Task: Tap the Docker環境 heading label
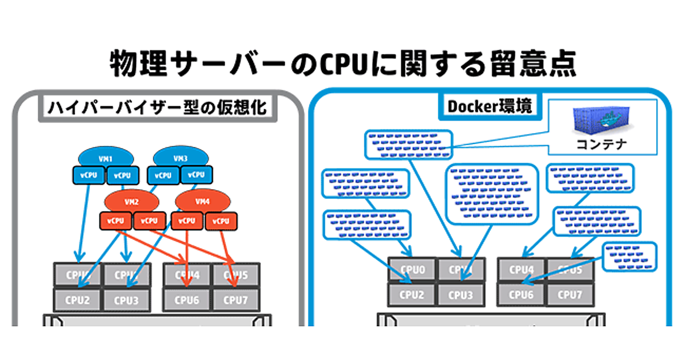pyautogui.click(x=489, y=106)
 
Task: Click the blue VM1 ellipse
pyautogui.click(x=106, y=157)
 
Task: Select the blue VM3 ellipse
pyautogui.click(x=180, y=157)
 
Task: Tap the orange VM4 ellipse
pyautogui.click(x=202, y=201)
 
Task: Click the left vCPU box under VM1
pyautogui.click(x=89, y=175)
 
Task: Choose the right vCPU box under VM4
pyautogui.click(x=221, y=221)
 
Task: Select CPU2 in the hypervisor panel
pyautogui.click(x=77, y=299)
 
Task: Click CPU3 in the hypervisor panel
pyautogui.click(x=126, y=299)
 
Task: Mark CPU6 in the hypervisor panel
pyautogui.click(x=186, y=299)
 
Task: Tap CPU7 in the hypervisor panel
pyautogui.click(x=235, y=299)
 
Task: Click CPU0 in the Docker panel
pyautogui.click(x=412, y=270)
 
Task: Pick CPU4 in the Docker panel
pyautogui.click(x=521, y=270)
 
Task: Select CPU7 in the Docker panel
pyautogui.click(x=569, y=295)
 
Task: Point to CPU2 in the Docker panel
pyautogui.click(x=412, y=295)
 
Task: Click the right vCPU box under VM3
pyautogui.click(x=196, y=175)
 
